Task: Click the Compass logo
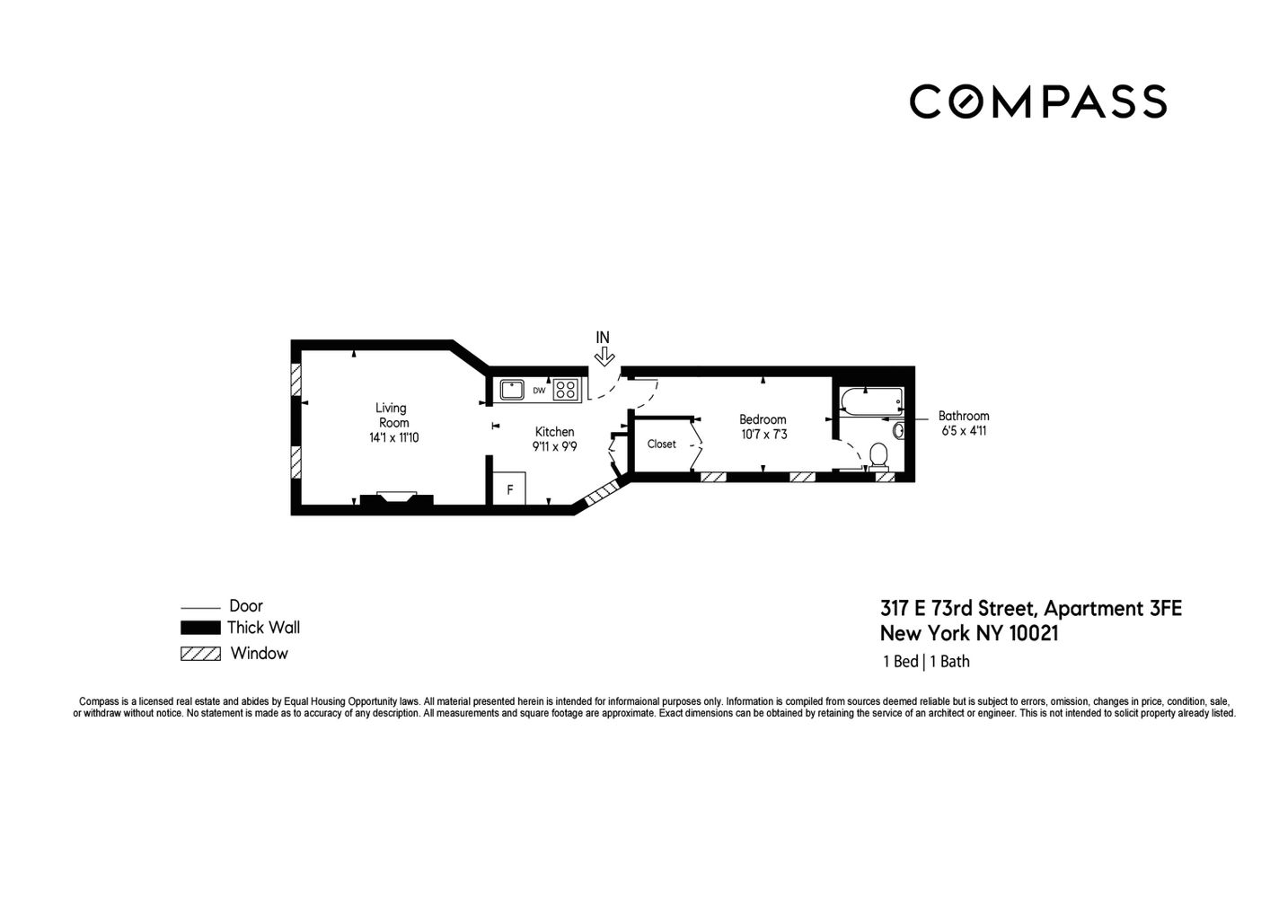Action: click(x=1037, y=101)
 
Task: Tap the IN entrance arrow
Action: click(x=604, y=356)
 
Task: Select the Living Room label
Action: click(x=392, y=415)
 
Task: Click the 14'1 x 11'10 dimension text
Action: click(x=393, y=438)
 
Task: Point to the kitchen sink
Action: click(x=512, y=390)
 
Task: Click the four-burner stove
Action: click(x=565, y=390)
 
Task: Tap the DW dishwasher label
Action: click(x=539, y=391)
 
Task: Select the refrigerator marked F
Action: click(x=509, y=489)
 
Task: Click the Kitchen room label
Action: click(x=554, y=432)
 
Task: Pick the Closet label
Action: click(x=661, y=445)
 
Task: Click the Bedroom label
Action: click(x=763, y=419)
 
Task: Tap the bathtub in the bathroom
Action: click(x=870, y=400)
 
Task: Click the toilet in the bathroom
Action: click(x=878, y=456)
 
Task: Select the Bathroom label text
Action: click(x=964, y=416)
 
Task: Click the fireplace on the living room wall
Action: click(x=396, y=499)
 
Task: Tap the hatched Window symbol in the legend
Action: click(x=200, y=654)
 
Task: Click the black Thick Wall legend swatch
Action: click(x=200, y=628)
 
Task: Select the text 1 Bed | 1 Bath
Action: click(x=926, y=662)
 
